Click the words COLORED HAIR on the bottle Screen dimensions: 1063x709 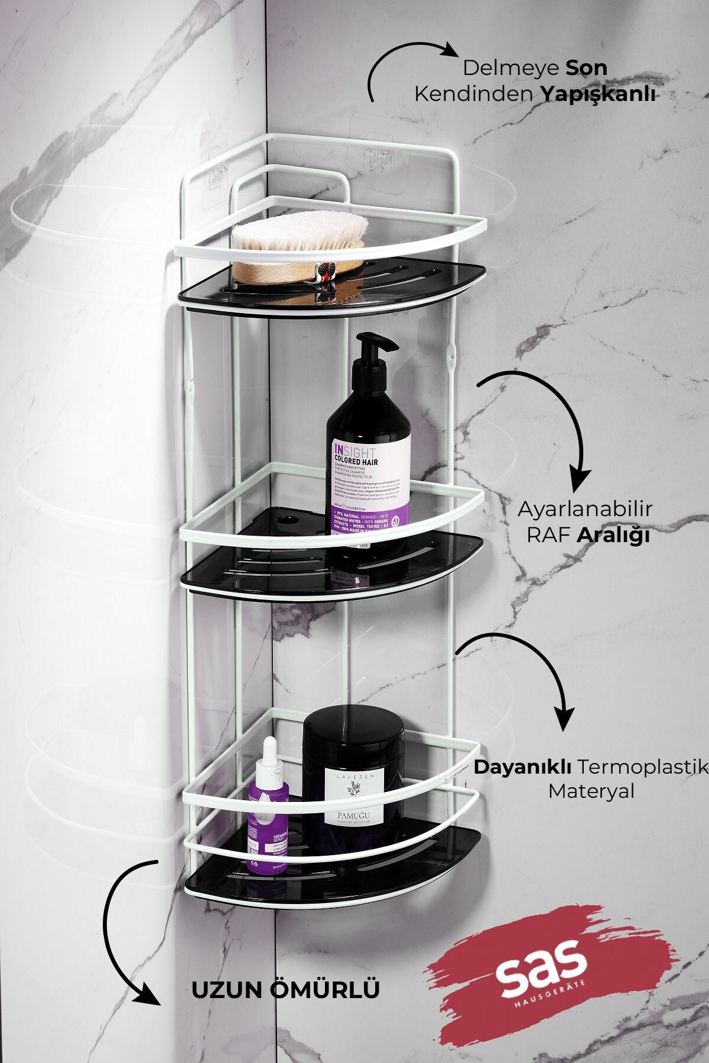tap(356, 461)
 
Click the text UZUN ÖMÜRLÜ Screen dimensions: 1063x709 tap(285, 990)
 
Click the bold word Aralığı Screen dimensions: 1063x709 tap(613, 535)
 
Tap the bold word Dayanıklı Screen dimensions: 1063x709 tap(522, 767)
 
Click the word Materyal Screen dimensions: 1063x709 tap(591, 791)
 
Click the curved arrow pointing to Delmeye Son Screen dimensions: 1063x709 tap(402, 59)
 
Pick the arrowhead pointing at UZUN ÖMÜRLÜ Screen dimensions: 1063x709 tap(148, 993)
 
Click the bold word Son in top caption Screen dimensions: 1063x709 tap(586, 68)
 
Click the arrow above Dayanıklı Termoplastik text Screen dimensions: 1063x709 tap(532, 667)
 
